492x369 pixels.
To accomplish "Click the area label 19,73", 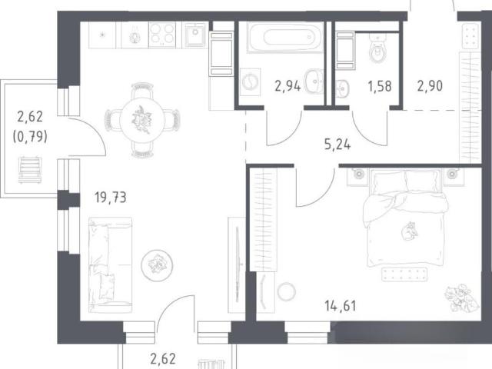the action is (111, 198).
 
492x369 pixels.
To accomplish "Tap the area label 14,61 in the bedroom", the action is (341, 306).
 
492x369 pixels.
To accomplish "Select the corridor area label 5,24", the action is (337, 145).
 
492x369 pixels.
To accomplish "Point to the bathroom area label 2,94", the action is (288, 85).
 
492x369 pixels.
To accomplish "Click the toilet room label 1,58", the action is (380, 86).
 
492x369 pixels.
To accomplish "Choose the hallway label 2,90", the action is (430, 85).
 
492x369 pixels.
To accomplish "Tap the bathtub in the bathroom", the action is (285, 37).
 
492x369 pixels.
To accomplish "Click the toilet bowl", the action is (377, 48).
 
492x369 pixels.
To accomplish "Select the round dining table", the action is (142, 120).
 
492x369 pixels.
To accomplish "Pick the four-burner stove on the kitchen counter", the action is (162, 35).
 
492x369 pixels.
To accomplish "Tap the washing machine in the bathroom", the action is (250, 82).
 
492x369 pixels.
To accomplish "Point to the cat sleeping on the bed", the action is (410, 231).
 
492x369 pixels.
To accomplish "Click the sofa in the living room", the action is (110, 265).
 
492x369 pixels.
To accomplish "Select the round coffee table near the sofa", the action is (157, 265).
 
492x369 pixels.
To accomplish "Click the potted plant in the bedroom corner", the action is (461, 298).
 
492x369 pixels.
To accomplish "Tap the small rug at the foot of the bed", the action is (404, 274).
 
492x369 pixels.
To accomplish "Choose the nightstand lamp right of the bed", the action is (451, 174).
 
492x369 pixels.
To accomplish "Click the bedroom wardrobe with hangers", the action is (264, 219).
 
